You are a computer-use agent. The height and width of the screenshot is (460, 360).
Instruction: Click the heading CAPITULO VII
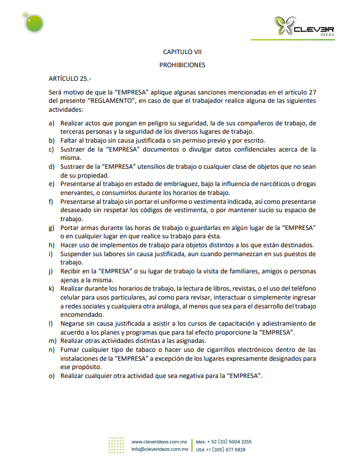click(182, 52)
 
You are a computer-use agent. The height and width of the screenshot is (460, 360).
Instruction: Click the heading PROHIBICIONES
click(182, 65)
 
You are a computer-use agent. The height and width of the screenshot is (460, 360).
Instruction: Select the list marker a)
click(52, 123)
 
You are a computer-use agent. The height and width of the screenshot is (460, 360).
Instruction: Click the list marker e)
click(52, 184)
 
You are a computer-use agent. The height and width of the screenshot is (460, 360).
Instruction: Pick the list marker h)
click(52, 246)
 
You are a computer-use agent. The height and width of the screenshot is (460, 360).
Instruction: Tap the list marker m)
click(53, 341)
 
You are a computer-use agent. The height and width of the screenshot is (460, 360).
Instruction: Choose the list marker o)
click(52, 376)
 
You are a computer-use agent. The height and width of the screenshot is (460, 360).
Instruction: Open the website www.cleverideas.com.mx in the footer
click(160, 442)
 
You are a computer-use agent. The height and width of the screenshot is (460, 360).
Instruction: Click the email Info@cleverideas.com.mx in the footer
click(160, 450)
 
